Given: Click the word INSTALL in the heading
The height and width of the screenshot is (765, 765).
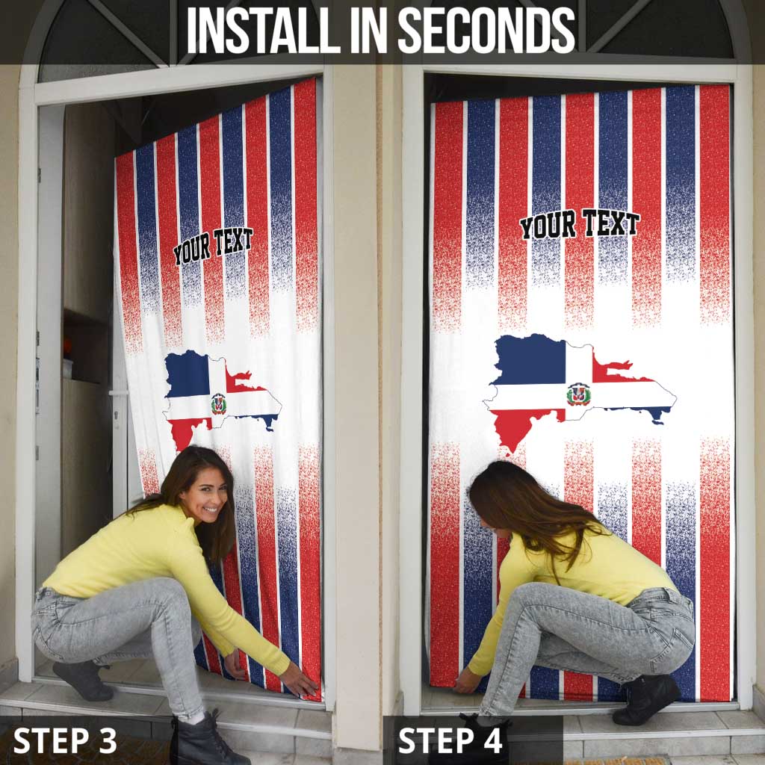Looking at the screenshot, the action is pos(263,31).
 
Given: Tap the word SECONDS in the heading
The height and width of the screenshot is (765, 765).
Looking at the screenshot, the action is pos(486,31).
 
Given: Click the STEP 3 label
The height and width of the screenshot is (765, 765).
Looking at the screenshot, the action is pos(65,740).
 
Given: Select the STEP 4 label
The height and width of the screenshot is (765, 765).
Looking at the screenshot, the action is pos(450,740).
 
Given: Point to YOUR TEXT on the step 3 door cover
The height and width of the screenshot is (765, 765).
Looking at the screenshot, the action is pos(213,246).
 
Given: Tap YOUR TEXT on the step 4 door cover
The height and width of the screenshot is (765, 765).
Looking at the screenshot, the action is pos(580,224).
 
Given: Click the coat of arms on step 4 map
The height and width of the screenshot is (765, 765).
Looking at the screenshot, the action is pos(579,394).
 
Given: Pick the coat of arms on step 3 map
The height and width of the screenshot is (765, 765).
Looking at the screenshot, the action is pos(219,404).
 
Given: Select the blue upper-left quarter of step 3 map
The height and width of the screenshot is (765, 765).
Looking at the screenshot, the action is pos(187,374).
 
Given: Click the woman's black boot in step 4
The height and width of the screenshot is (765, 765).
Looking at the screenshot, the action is pos(647,699).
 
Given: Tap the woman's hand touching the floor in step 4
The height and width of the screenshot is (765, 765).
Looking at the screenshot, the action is pos(466,681).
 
